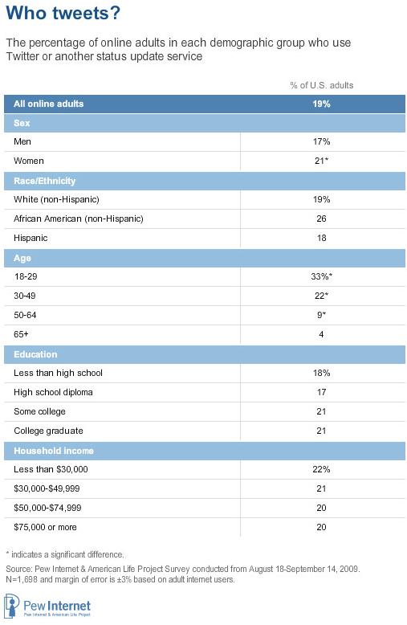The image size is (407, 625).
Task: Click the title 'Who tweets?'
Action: click(x=63, y=13)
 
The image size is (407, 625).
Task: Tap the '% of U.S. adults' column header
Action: click(x=321, y=85)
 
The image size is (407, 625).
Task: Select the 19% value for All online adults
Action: click(x=321, y=104)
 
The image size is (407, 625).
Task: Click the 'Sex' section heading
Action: click(x=22, y=123)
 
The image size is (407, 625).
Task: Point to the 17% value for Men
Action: click(x=321, y=141)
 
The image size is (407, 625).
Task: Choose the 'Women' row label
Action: click(x=29, y=161)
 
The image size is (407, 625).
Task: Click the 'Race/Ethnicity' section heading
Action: click(x=45, y=181)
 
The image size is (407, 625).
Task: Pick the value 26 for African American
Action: click(x=321, y=219)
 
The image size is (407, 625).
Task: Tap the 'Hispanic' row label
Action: click(x=31, y=238)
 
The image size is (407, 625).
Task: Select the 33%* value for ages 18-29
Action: click(x=321, y=276)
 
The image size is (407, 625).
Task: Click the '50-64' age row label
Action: click(x=25, y=315)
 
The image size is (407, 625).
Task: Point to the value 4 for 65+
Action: click(x=321, y=334)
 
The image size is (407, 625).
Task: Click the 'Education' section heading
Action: click(x=35, y=354)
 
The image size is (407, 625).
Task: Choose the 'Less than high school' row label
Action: click(x=58, y=373)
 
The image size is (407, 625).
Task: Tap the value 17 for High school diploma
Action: click(x=321, y=392)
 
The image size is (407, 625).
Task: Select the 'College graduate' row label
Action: click(x=49, y=431)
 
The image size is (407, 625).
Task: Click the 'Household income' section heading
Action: click(x=54, y=451)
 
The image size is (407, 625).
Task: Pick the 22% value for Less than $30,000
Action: click(x=321, y=469)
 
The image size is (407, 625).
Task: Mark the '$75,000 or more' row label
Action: click(x=45, y=527)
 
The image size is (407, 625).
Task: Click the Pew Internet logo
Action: click(x=48, y=607)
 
